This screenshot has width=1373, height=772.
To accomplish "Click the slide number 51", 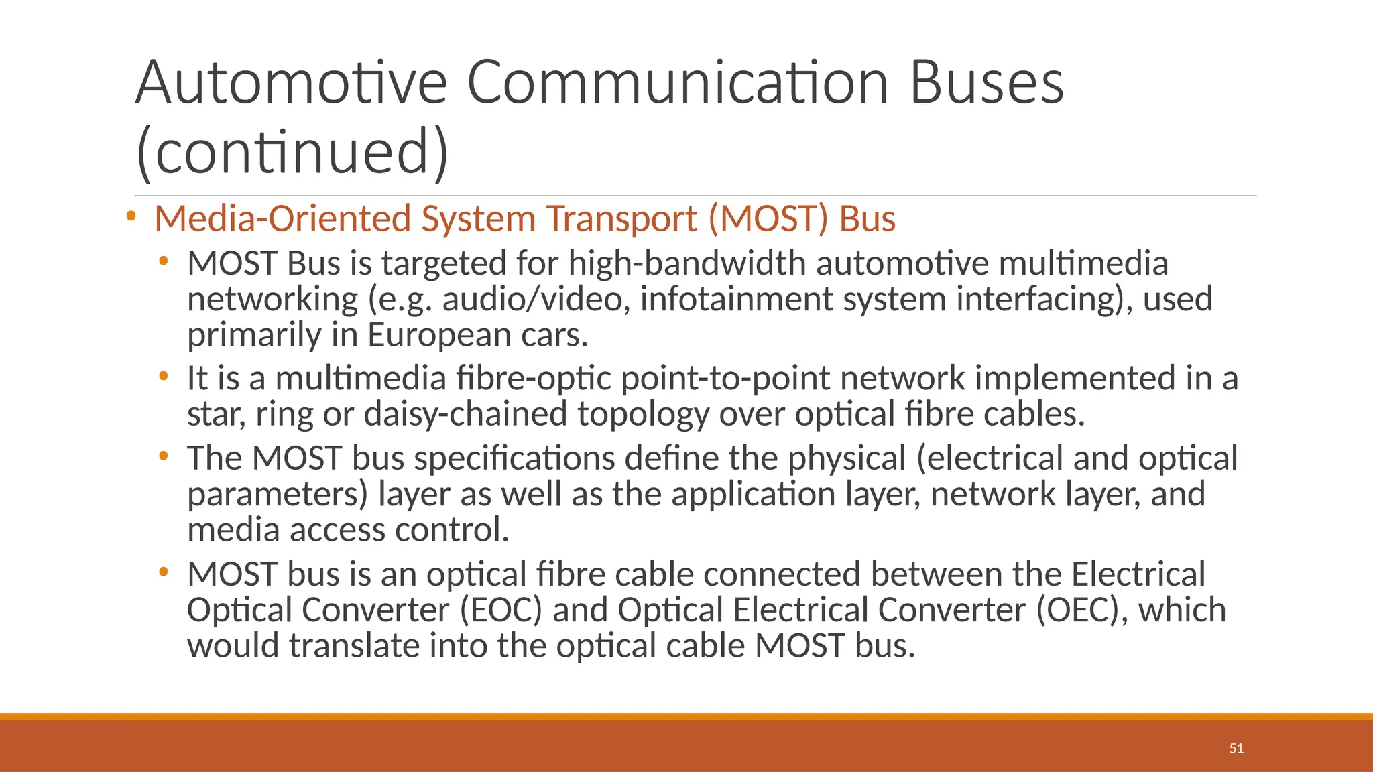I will coord(1236,749).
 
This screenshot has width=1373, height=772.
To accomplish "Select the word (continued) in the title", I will coord(292,152).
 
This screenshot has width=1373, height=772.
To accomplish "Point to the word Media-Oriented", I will coord(282,219).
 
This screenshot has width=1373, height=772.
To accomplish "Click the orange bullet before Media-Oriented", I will coord(131,216).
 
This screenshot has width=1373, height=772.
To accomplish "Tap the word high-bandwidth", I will coord(687,263).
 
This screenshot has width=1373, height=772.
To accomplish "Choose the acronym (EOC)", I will coord(500,610).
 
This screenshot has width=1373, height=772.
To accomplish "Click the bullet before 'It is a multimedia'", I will coord(164,376).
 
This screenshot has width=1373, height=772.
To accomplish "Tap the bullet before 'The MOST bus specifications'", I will coord(164,456).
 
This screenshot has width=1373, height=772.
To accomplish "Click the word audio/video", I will coord(536,299).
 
